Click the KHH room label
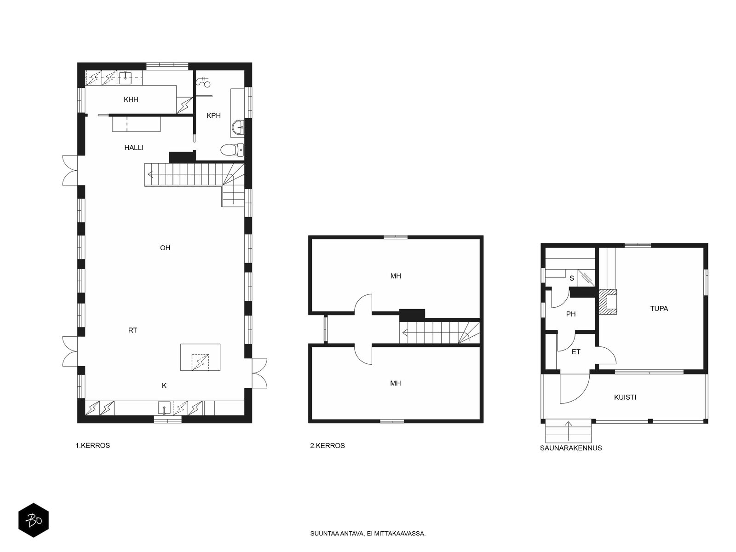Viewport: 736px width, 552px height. (x=131, y=99)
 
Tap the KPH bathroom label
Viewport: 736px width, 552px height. (x=213, y=115)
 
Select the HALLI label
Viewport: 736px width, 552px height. (x=134, y=148)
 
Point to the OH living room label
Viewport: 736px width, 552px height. (x=165, y=248)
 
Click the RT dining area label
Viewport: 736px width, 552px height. (x=132, y=330)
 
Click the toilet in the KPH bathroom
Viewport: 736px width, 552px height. (x=232, y=150)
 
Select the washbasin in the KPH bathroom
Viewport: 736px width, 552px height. (x=238, y=127)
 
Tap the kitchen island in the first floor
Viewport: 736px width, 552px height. (x=200, y=357)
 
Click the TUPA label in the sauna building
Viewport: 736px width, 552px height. (x=659, y=309)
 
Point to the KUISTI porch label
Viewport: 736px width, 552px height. (x=625, y=397)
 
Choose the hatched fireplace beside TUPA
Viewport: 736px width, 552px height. (x=608, y=302)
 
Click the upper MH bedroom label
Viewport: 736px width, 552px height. (x=396, y=276)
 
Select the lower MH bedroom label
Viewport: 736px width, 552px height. (x=396, y=384)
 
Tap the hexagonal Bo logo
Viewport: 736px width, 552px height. (x=34, y=520)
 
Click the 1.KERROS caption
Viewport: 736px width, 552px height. (x=92, y=446)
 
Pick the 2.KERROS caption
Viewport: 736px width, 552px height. (x=327, y=446)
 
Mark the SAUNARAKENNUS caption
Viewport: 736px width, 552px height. (x=571, y=448)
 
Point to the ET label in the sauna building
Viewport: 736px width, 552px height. (x=576, y=352)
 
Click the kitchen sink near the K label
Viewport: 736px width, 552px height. (x=164, y=408)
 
